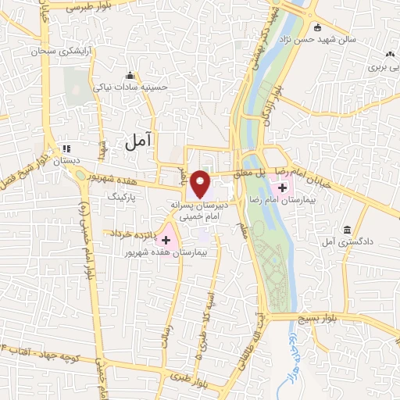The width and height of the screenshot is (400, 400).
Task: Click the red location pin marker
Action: (x=201, y=184)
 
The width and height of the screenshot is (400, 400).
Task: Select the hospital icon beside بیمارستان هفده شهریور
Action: (x=166, y=237)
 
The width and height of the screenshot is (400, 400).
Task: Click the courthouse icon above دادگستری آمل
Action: (x=347, y=230)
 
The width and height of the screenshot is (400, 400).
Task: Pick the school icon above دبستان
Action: (x=67, y=148)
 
